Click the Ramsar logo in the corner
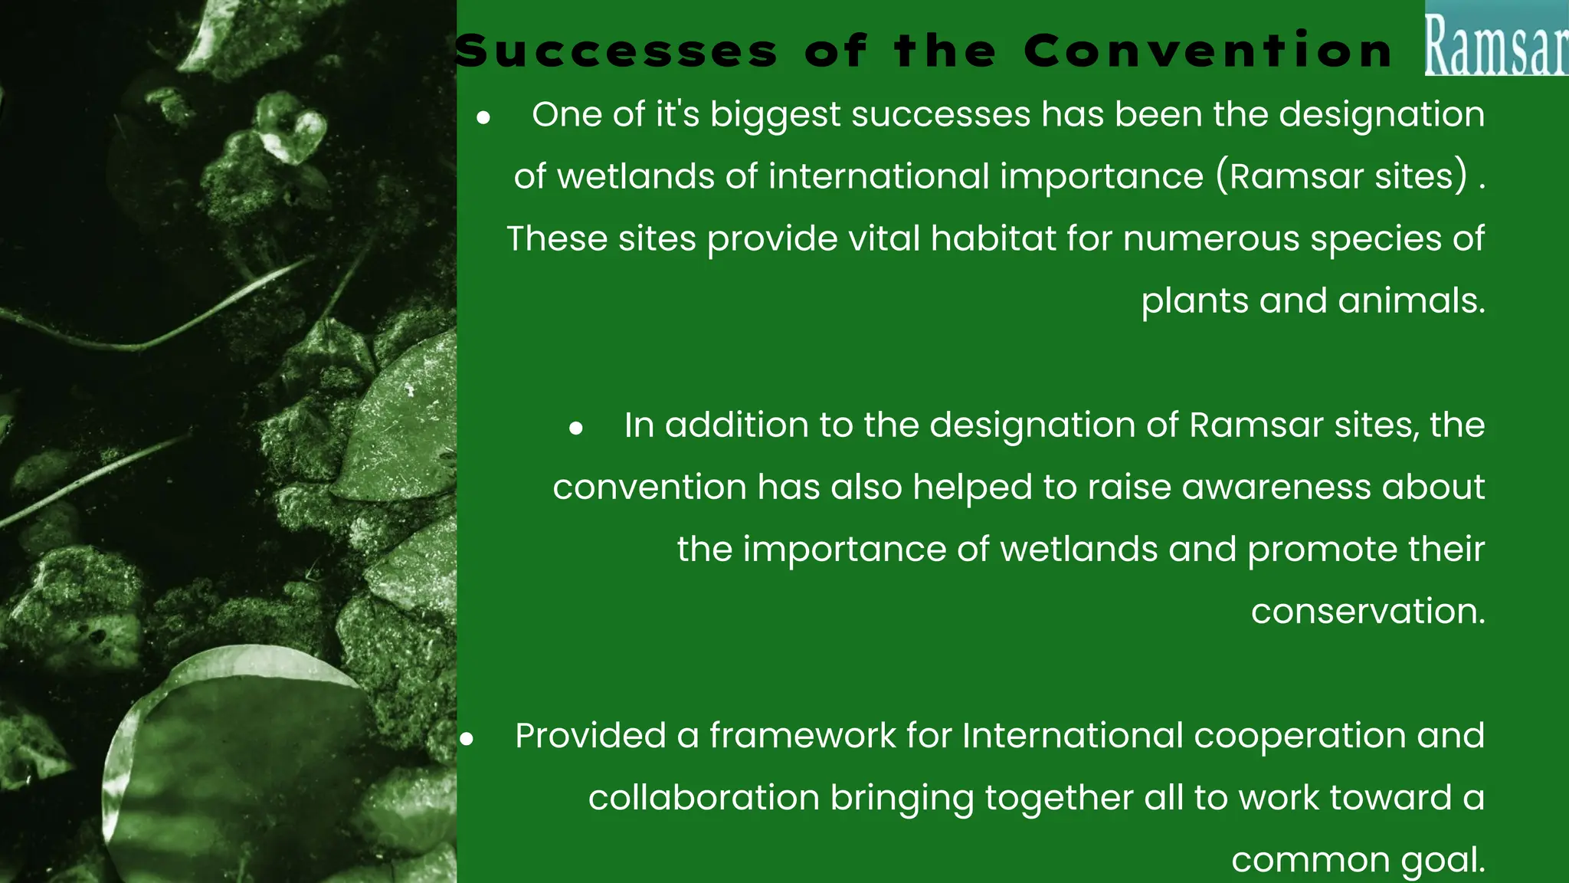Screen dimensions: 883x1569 tap(1495, 38)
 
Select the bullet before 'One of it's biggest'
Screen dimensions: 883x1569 tap(483, 118)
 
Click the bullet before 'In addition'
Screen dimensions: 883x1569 tap(576, 428)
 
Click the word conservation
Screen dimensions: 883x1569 tap(1368, 612)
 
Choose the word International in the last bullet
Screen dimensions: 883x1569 tap(1073, 736)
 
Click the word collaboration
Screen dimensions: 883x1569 tap(703, 798)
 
